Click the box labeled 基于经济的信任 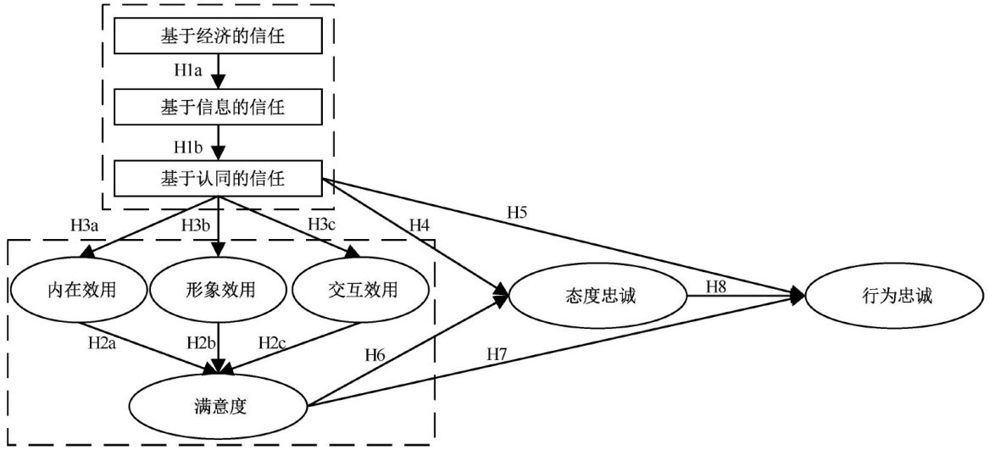tap(219, 36)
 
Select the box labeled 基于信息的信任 tap(219, 108)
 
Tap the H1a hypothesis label tap(186, 72)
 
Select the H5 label tap(518, 212)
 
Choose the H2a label tap(103, 342)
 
